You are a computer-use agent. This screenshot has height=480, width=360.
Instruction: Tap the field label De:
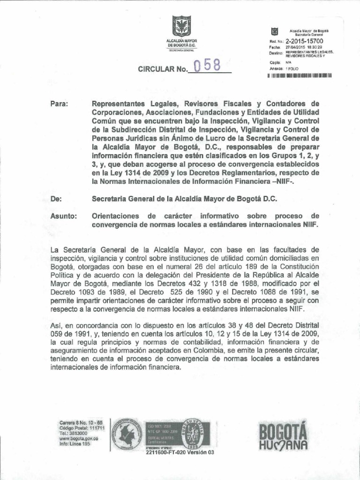point(56,199)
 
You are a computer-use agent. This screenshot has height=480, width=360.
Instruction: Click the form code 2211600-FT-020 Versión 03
point(177,453)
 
